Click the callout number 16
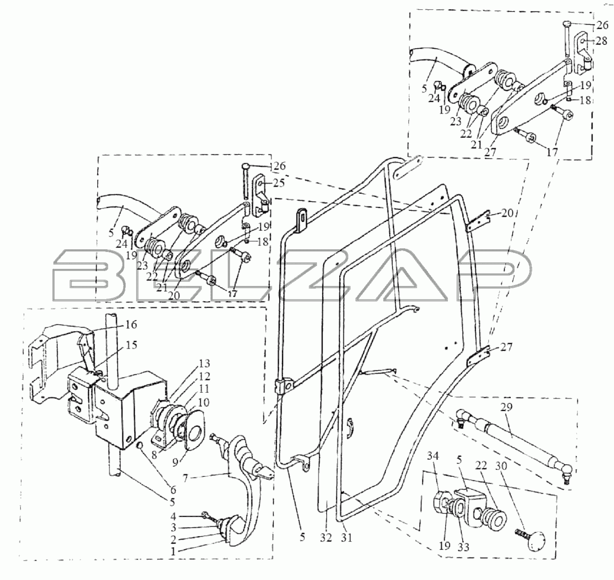click(x=130, y=325)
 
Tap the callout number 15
click(x=131, y=345)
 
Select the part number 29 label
click(x=506, y=407)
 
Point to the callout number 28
click(x=602, y=41)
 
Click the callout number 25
click(x=279, y=183)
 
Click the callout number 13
click(x=205, y=363)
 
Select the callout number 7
click(x=185, y=479)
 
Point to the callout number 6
click(x=173, y=490)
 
